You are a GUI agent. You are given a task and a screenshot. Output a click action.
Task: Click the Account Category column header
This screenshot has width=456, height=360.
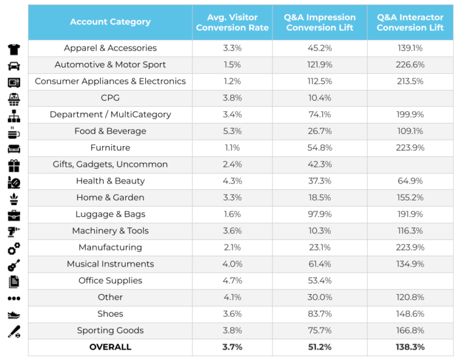(110, 22)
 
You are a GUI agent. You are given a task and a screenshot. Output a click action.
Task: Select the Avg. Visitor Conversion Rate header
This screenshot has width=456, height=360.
(232, 23)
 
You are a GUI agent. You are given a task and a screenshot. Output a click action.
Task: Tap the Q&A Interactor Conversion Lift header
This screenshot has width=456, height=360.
(410, 23)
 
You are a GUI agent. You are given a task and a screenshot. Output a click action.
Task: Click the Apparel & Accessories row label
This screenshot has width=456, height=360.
(110, 48)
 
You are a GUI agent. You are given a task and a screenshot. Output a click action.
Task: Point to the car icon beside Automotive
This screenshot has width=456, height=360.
(14, 65)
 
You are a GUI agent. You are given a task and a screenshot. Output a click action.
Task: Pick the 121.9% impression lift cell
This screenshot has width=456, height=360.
(319, 65)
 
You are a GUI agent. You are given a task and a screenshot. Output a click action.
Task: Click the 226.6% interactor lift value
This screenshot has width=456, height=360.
(410, 65)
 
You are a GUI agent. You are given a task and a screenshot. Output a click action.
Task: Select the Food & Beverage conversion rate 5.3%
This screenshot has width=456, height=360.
(232, 131)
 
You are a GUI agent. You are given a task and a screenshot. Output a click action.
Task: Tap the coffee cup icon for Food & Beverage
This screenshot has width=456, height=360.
(14, 132)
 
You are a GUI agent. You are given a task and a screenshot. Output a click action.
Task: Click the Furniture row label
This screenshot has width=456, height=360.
(110, 148)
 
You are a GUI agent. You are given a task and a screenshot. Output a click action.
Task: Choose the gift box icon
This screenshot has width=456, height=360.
(14, 165)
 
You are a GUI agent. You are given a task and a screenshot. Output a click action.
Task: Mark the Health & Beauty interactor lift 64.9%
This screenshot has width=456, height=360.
(410, 181)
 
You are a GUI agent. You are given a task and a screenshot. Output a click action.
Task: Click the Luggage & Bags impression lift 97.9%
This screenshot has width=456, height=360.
(319, 214)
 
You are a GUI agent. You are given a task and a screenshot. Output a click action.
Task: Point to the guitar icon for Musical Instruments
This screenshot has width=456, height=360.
(14, 265)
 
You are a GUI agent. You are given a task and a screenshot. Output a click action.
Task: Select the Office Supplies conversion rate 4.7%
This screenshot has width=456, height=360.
(232, 281)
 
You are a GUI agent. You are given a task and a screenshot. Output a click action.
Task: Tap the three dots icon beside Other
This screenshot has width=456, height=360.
(14, 298)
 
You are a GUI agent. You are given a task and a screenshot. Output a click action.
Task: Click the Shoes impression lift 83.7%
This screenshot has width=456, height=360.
(319, 314)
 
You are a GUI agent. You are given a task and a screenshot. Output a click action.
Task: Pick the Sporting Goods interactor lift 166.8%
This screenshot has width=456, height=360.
(410, 331)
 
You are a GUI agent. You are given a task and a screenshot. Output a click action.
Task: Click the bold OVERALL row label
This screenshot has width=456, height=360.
(110, 347)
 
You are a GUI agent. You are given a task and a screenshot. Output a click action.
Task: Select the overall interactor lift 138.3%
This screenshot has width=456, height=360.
(410, 347)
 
